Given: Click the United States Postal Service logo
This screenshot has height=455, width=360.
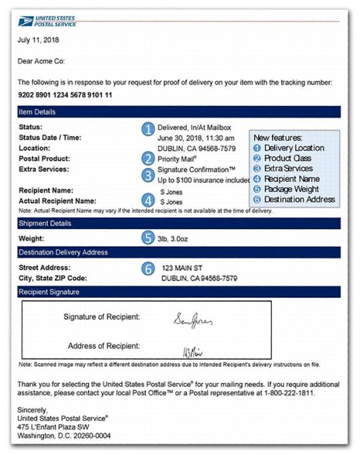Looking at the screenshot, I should pos(47,21).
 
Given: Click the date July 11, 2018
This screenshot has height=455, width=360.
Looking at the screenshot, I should pos(38,40).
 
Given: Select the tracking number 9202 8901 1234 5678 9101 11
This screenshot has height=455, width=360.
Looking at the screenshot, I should pos(65,95).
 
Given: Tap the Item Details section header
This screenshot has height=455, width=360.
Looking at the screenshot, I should pos(37,112).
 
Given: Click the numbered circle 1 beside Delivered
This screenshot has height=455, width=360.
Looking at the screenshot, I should pos(147,129).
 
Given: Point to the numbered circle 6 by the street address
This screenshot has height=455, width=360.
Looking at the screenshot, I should pos(148,268).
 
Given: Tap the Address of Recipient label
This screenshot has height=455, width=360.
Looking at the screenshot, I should pos(103,346).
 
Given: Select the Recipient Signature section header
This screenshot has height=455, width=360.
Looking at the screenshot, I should pos(49,292).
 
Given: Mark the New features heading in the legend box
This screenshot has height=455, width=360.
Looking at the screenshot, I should pos(278,137).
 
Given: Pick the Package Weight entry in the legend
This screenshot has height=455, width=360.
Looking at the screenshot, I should pos(291,189).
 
